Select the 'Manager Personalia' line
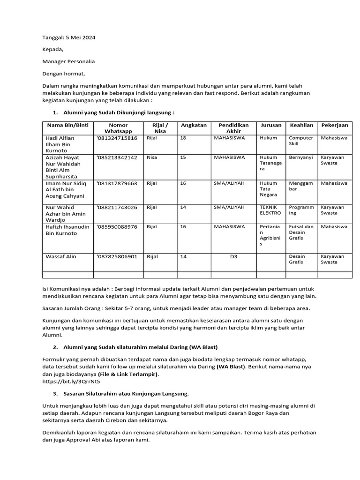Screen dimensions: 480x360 click(x=68, y=61)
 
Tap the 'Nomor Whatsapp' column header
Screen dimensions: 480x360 click(x=118, y=128)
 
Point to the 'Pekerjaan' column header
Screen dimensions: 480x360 click(x=335, y=125)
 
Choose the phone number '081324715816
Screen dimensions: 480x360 click(x=117, y=138)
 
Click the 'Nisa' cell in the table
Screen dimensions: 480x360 click(x=152, y=157)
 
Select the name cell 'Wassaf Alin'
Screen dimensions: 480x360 click(x=60, y=256)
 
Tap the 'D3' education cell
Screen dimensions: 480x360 click(x=233, y=256)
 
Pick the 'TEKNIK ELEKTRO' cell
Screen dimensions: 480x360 click(x=270, y=210)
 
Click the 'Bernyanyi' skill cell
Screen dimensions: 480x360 click(x=300, y=157)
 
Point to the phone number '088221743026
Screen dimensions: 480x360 click(x=117, y=207)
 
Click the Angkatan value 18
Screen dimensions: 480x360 click(x=183, y=138)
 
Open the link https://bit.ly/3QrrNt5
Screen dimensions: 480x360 click(x=71, y=381)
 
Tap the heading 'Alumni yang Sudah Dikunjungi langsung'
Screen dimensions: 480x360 click(x=119, y=112)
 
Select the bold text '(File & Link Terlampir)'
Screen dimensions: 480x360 click(x=128, y=374)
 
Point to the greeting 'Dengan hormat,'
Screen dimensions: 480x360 click(x=64, y=74)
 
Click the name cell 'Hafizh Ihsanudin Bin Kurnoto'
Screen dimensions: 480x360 click(x=67, y=230)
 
